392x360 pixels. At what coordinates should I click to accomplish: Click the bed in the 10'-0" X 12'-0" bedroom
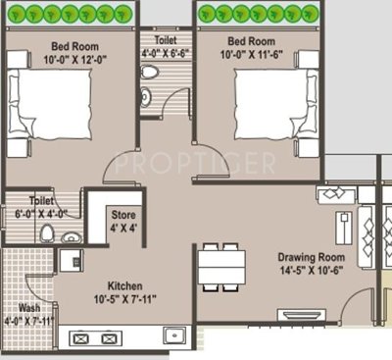click(54, 114)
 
